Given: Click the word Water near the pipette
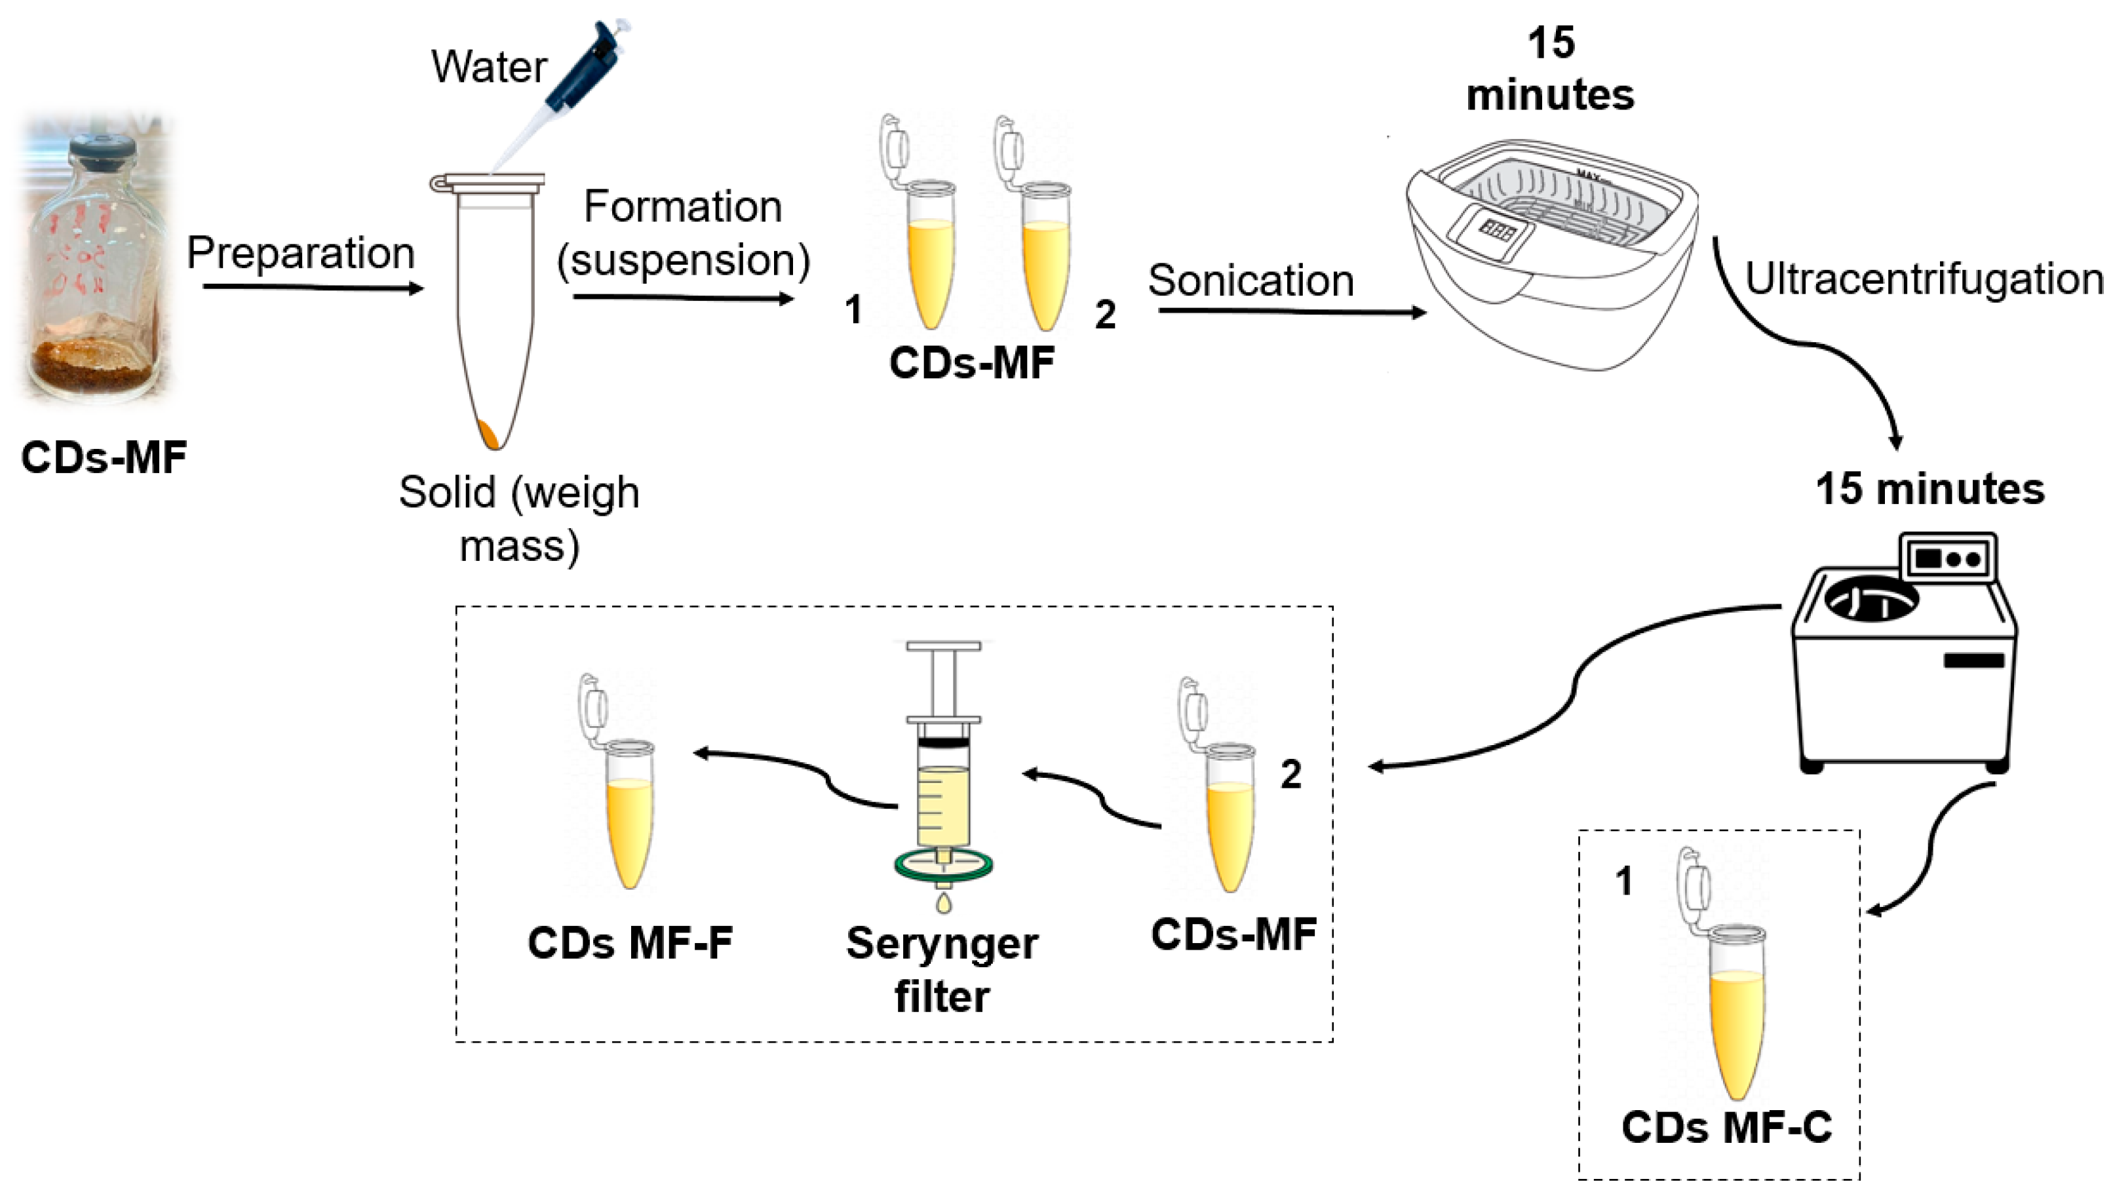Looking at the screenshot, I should coord(489,67).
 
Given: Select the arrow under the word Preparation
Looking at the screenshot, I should coord(312,288).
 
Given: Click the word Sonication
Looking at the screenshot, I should coord(1250,281).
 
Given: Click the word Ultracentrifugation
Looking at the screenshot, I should coord(1924,279).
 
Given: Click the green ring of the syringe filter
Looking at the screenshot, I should coord(943,866).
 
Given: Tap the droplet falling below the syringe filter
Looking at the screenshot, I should coord(943,904).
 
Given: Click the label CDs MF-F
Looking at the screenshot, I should coord(630,943).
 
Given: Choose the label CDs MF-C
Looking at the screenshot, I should coord(1727,1128).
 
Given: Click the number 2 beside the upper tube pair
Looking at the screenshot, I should coord(1105,315).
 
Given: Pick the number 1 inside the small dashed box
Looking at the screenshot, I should coord(1623,881).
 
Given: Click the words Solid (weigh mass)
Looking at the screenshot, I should coord(518,519).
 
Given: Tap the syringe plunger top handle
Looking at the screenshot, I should coord(943,646).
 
